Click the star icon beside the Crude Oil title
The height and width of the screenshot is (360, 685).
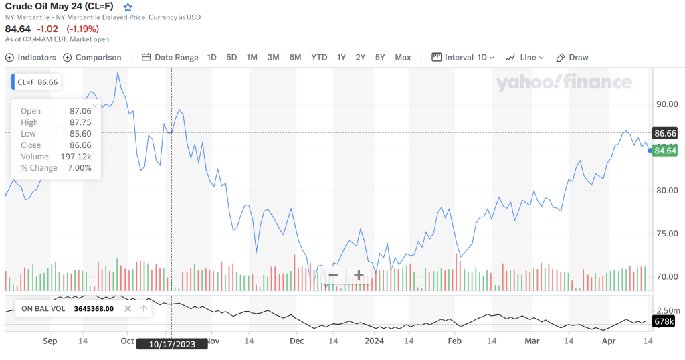pyautogui.click(x=128, y=7)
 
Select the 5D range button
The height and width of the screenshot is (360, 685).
pyautogui.click(x=231, y=58)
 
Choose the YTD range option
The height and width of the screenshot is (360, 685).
pyautogui.click(x=319, y=58)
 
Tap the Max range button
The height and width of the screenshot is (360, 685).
pyautogui.click(x=403, y=58)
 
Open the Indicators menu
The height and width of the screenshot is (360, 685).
pyautogui.click(x=31, y=58)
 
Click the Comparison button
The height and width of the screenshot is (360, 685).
pyautogui.click(x=92, y=58)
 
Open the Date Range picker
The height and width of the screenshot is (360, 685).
pyautogui.click(x=170, y=58)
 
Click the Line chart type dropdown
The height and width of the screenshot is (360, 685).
pyautogui.click(x=522, y=58)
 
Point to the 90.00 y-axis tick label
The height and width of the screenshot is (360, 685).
pyautogui.click(x=666, y=104)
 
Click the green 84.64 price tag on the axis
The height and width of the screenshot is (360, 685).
pyautogui.click(x=666, y=151)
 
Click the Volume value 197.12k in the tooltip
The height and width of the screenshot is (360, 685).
pyautogui.click(x=76, y=157)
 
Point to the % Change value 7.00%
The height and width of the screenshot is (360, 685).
pyautogui.click(x=79, y=168)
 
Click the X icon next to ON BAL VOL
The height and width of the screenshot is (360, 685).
pyautogui.click(x=128, y=309)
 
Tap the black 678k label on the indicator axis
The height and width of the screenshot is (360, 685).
pyautogui.click(x=664, y=323)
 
